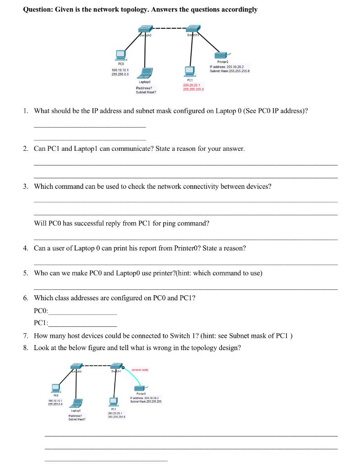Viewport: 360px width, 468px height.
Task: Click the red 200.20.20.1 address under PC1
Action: pos(193,85)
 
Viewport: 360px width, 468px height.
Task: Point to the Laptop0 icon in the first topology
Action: pos(146,73)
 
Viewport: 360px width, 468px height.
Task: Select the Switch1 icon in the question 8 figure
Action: pos(115,367)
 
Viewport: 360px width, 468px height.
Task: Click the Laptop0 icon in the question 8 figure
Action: pos(77,403)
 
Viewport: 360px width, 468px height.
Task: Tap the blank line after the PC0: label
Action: pos(82,314)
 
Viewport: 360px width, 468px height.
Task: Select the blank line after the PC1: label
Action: pos(82,325)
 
